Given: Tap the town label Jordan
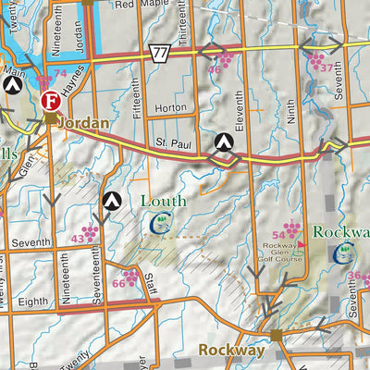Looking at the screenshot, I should [x=82, y=122].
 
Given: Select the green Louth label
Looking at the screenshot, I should [x=163, y=201].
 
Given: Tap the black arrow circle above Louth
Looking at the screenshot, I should [x=112, y=199].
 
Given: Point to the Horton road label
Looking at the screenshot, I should [x=171, y=108].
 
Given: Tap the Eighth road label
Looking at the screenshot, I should [x=32, y=302].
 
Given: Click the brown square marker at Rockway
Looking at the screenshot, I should [x=275, y=336].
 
